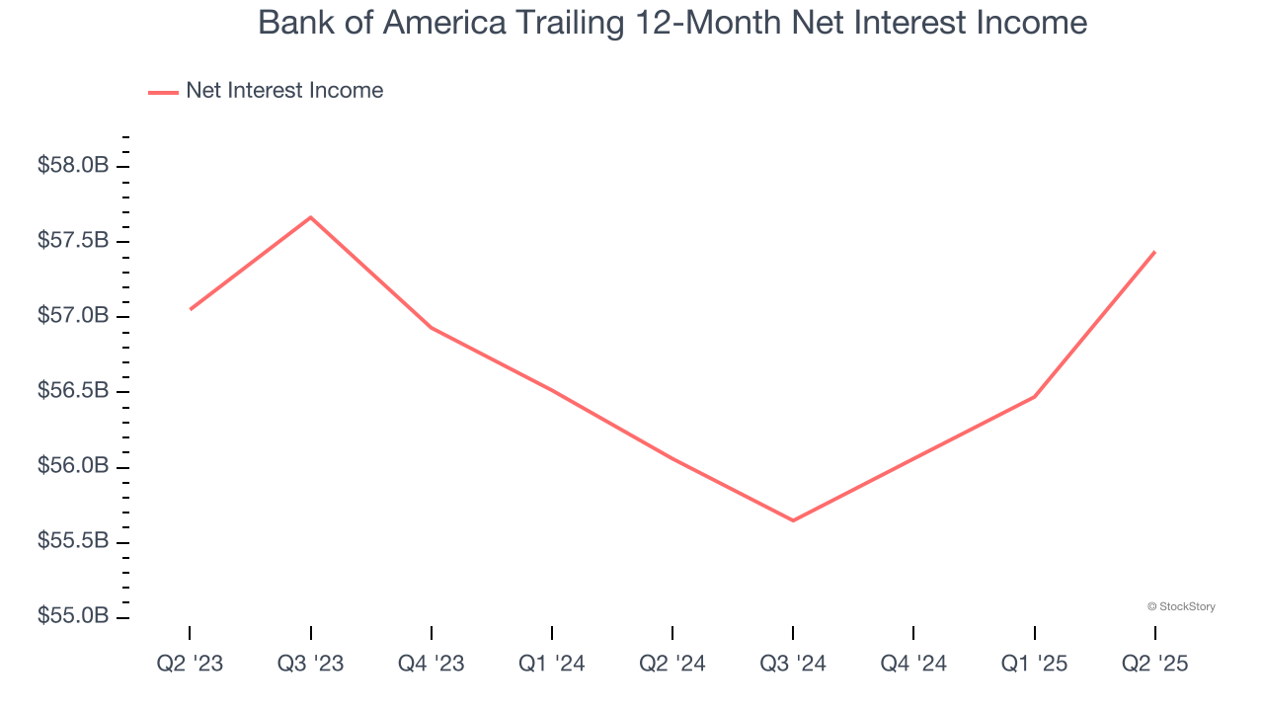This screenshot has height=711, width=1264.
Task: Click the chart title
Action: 672,23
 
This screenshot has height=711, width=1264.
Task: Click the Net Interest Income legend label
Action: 284,91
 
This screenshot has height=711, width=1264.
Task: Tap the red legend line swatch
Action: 163,92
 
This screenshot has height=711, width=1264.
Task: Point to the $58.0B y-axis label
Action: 73,165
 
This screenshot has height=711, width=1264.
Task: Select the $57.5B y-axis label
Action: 73,241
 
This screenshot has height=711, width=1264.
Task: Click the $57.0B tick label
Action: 73,316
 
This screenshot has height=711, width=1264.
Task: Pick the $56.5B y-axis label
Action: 73,391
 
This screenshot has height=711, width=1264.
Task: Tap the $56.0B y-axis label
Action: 73,466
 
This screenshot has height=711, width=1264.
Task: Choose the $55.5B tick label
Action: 73,541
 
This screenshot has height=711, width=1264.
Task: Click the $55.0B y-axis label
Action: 73,616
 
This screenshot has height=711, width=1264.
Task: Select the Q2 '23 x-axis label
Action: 190,664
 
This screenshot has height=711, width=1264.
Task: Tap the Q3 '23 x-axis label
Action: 311,664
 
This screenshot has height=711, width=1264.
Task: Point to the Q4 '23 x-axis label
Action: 432,664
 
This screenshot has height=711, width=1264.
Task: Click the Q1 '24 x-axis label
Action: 552,664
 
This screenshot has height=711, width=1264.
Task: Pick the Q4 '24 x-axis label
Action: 913,664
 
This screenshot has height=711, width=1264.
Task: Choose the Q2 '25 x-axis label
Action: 1155,664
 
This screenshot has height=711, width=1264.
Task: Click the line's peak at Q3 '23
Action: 311,217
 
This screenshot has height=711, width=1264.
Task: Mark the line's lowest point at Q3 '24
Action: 793,520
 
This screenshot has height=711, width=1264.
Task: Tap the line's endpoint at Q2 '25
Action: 1154,252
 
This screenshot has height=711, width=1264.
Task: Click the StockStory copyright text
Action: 1181,606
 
